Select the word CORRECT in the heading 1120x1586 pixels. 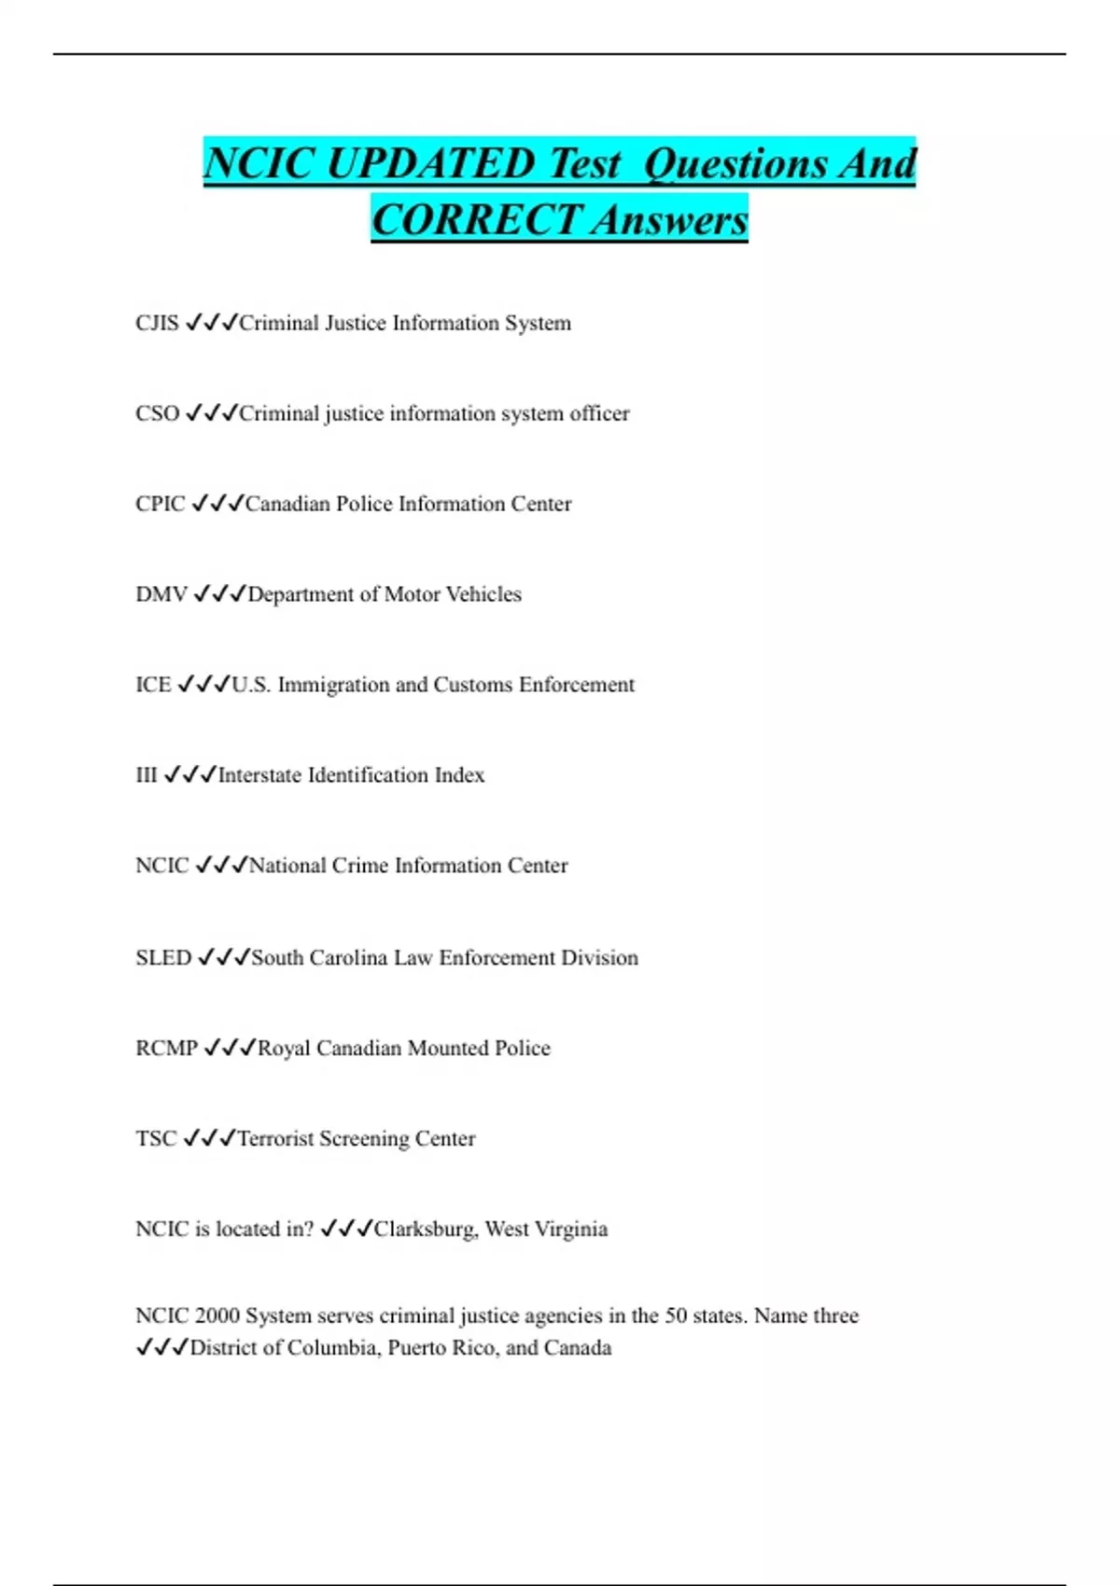tap(476, 220)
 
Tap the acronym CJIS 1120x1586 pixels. tap(157, 323)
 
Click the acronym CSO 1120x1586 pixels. tap(157, 413)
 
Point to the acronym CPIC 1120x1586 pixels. tap(161, 504)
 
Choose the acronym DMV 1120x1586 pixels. tap(161, 594)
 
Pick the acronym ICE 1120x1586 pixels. tap(153, 685)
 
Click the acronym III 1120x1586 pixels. tap(147, 775)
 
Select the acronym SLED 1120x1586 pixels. tap(163, 958)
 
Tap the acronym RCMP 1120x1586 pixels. tap(166, 1049)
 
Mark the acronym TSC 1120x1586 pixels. tap(156, 1139)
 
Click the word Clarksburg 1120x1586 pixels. tap(426, 1230)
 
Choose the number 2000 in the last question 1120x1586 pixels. tap(217, 1315)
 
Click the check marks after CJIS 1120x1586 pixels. tap(211, 323)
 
